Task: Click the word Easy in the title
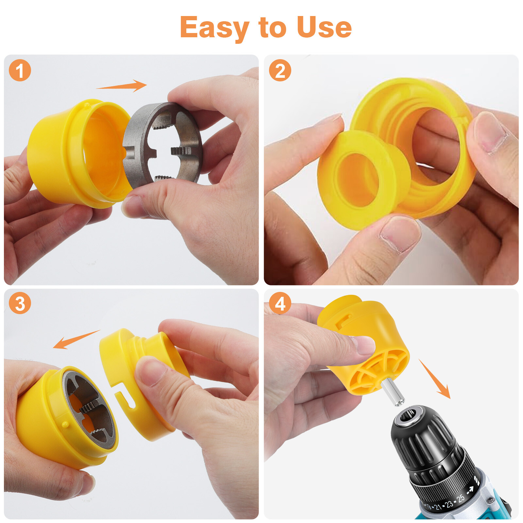click(214, 28)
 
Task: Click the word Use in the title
click(324, 28)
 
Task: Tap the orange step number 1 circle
click(20, 70)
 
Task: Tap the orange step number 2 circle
click(280, 70)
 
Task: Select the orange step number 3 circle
click(20, 303)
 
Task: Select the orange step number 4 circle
click(280, 303)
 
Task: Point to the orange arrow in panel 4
click(435, 379)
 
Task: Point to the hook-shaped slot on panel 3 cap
click(126, 397)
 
